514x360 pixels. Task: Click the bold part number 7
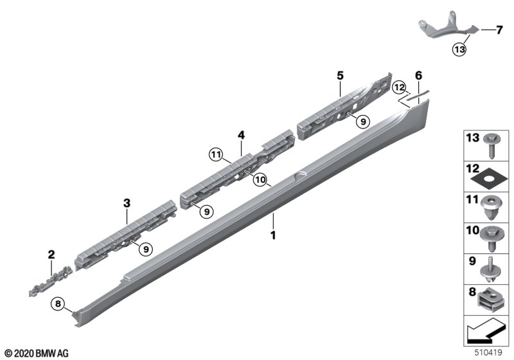[x=499, y=30]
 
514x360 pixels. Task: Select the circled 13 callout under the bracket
[x=459, y=50]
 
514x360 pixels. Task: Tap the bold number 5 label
[x=341, y=76]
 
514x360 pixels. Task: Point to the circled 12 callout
[x=400, y=87]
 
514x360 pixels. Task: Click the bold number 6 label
[x=419, y=76]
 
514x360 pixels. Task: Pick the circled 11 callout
[x=216, y=154]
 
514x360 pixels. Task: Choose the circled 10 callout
[x=260, y=179]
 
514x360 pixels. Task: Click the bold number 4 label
[x=242, y=135]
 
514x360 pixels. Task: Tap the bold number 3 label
[x=127, y=203]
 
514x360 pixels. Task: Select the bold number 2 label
[x=51, y=255]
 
